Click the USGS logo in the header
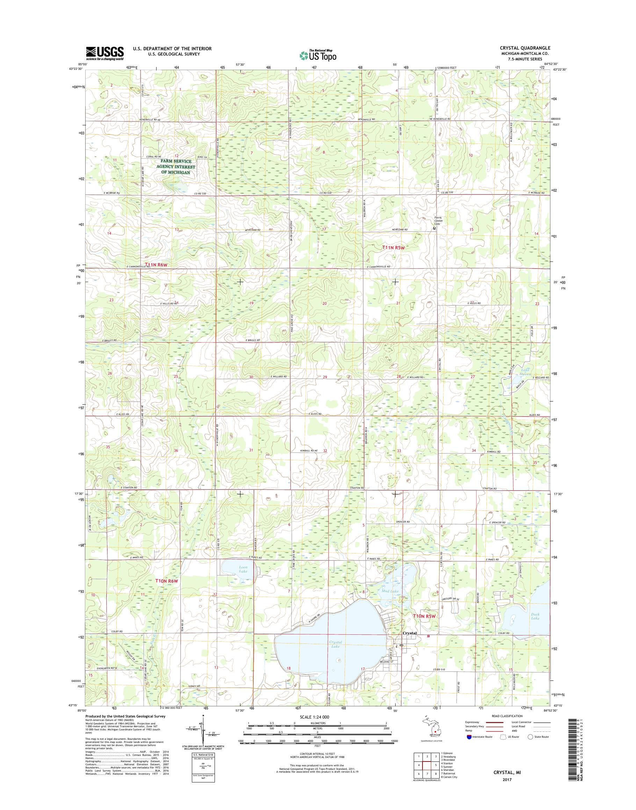[105, 53]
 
